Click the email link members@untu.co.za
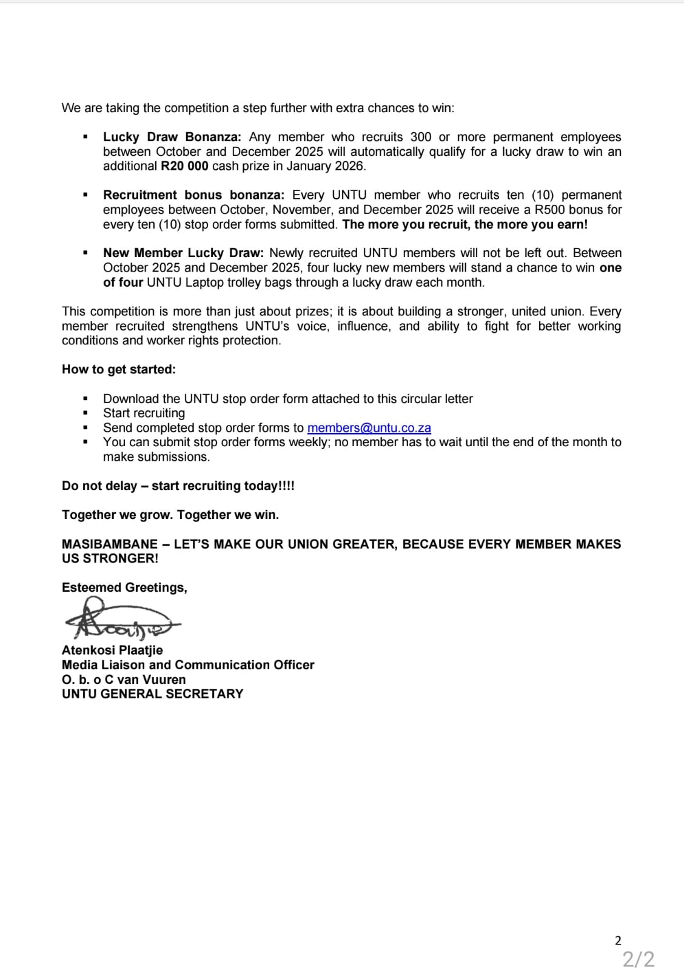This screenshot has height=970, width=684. click(369, 428)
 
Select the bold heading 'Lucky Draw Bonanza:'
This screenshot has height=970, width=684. click(172, 137)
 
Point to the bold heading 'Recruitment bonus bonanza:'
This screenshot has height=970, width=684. click(193, 195)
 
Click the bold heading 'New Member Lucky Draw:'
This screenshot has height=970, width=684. click(183, 253)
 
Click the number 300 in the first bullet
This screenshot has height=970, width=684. click(421, 137)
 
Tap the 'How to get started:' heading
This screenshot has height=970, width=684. click(119, 370)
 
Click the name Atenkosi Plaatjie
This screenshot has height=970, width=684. click(112, 651)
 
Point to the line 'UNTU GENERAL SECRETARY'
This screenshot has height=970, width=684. click(152, 694)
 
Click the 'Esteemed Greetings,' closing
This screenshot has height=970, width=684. click(124, 588)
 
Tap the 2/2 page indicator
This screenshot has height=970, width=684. click(639, 960)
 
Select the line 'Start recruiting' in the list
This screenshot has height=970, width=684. click(144, 413)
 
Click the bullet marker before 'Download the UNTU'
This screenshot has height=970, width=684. click(85, 399)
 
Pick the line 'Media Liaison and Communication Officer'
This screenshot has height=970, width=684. click(188, 665)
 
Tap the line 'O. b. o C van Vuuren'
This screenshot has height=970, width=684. click(124, 680)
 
